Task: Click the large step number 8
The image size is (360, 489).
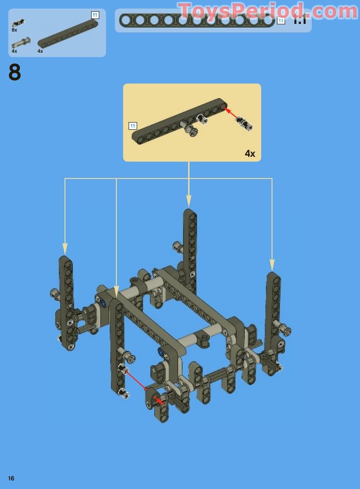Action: pyautogui.click(x=14, y=72)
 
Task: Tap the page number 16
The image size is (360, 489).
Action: pyautogui.click(x=11, y=478)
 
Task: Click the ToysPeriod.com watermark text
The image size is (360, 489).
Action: pyautogui.click(x=268, y=11)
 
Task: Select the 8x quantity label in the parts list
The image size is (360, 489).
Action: pyautogui.click(x=14, y=30)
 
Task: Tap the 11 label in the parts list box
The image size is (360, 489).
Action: pyautogui.click(x=95, y=15)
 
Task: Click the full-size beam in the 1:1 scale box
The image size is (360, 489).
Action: pyautogui.click(x=197, y=20)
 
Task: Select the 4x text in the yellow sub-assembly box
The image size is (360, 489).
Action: pyautogui.click(x=250, y=154)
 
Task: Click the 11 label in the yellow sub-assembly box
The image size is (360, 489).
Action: pyautogui.click(x=133, y=126)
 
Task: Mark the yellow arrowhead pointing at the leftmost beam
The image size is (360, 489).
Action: pyautogui.click(x=65, y=249)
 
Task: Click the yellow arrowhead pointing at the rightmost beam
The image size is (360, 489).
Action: pyautogui.click(x=272, y=265)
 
